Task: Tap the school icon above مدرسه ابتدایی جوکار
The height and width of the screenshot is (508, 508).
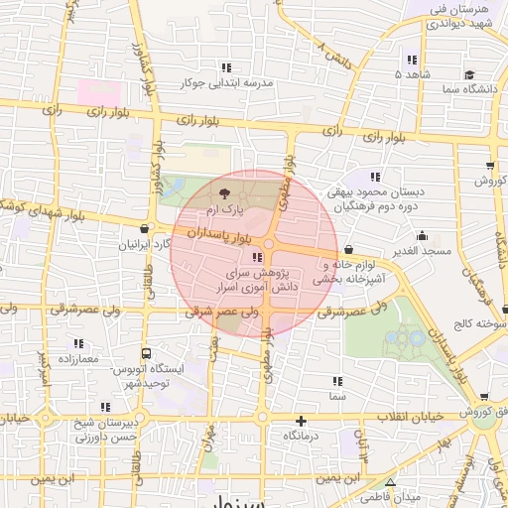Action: [x=227, y=67]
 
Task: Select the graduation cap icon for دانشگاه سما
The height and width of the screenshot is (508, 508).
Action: [x=468, y=73]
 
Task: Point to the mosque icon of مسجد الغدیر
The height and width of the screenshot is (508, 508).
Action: [x=423, y=236]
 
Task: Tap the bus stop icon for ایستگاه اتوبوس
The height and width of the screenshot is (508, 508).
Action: [x=147, y=354]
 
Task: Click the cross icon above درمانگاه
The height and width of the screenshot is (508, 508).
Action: [x=301, y=421]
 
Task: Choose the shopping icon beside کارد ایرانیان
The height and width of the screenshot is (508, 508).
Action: [x=145, y=229]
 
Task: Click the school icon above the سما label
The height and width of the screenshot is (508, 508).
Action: [x=338, y=381]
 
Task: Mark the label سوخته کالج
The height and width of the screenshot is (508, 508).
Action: [x=478, y=324]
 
